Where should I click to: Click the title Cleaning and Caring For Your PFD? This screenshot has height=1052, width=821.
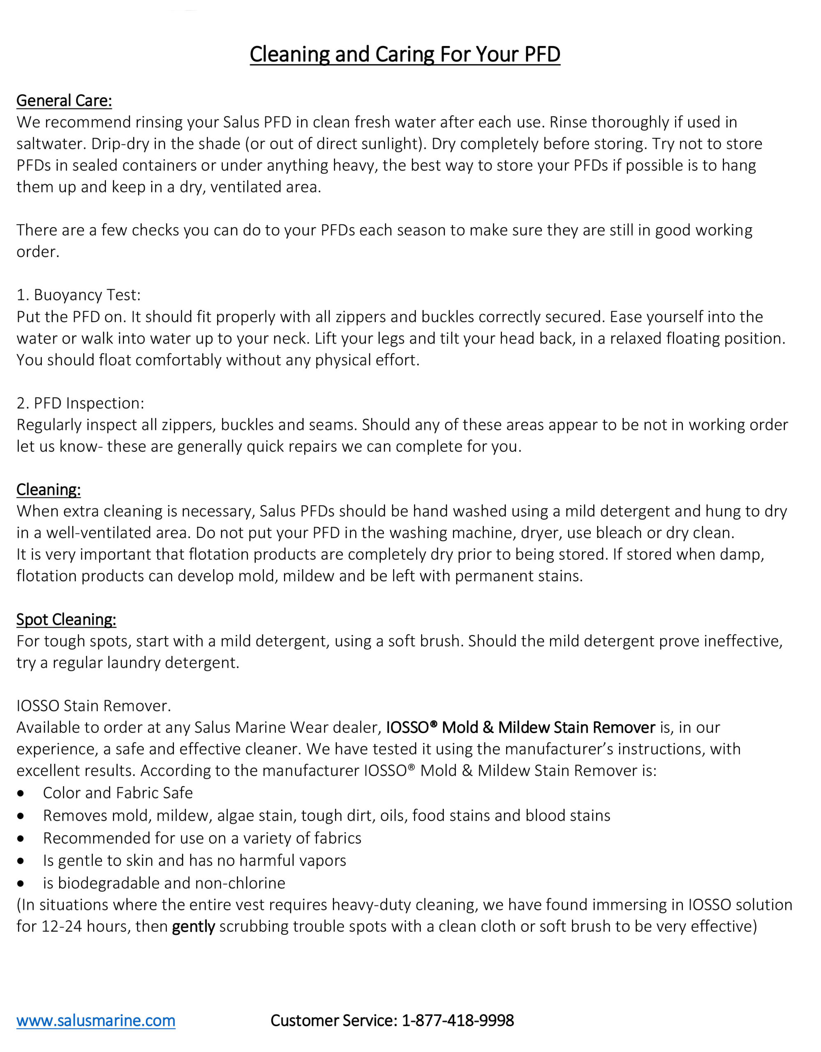pos(405,54)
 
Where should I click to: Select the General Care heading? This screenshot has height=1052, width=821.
pos(64,101)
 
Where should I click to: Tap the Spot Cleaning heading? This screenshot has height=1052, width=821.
pos(66,619)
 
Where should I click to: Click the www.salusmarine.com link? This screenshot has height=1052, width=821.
pos(96,1020)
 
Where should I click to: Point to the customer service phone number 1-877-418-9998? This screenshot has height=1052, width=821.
pos(458,1020)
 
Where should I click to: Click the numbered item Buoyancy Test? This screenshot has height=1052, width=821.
pos(79,295)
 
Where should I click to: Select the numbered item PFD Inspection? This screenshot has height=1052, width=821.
pos(81,403)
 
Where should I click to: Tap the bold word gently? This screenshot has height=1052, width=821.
pos(193,926)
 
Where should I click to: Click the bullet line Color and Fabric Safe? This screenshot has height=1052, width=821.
pos(118,793)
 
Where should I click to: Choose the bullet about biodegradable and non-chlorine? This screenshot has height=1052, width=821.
pos(164,883)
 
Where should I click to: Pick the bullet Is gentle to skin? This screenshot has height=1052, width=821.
pos(194,860)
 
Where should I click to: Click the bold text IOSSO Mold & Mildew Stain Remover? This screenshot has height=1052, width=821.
pos(520,727)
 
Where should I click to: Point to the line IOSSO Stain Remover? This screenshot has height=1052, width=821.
pos(93,706)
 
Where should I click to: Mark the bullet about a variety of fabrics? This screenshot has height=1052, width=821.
pos(202,838)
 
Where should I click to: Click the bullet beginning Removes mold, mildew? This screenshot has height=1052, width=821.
pos(326,815)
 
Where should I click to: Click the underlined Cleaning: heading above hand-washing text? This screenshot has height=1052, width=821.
pos(48,490)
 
